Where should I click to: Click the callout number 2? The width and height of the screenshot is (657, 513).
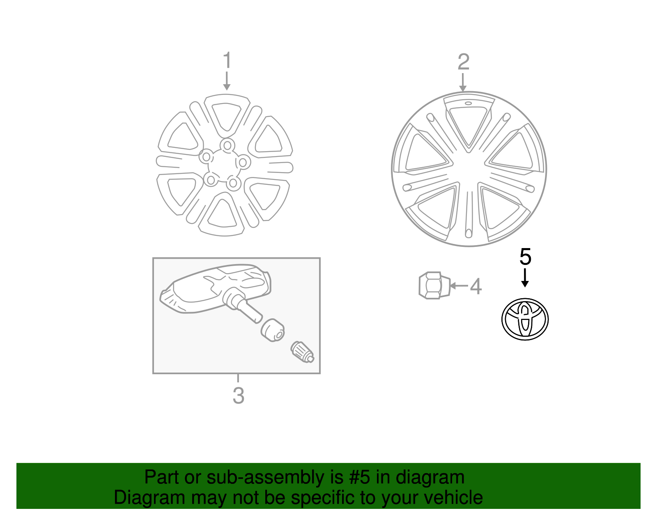[463, 62]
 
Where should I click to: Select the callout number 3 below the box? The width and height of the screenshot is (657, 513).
[238, 396]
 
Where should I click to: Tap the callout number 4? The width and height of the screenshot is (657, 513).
[476, 286]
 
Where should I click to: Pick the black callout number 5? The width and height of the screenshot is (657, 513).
[525, 257]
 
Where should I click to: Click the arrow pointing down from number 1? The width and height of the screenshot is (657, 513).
[227, 81]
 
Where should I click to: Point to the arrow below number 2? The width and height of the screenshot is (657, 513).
[463, 82]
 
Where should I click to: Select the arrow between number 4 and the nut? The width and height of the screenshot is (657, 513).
[459, 285]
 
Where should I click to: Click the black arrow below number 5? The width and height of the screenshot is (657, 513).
[524, 278]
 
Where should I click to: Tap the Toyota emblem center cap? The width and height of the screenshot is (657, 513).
[525, 319]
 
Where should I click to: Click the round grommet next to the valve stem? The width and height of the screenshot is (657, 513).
[273, 330]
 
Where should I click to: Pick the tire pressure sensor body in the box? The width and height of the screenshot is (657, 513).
[214, 288]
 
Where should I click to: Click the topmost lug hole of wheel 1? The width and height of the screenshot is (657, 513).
[227, 145]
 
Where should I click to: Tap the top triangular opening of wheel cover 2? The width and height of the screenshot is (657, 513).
[469, 123]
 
